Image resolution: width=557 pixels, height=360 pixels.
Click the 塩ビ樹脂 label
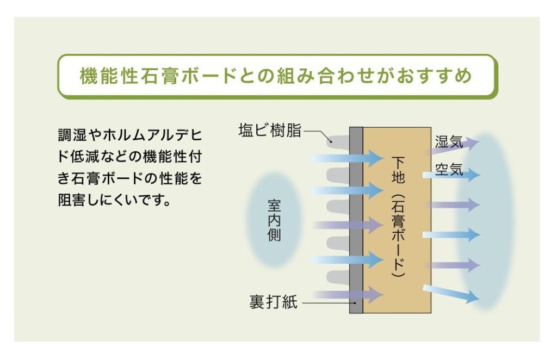click(270, 131)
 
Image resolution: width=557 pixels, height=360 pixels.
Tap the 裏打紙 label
click(273, 302)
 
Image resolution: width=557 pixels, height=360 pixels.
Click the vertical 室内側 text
click(274, 220)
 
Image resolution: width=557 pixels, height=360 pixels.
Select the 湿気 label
click(449, 142)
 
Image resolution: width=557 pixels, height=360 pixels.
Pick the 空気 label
click(449, 170)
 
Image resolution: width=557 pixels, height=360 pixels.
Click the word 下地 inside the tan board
click(398, 170)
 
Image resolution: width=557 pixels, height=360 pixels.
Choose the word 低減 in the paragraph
click(84, 157)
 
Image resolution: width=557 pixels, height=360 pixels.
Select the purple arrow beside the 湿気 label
click(452, 146)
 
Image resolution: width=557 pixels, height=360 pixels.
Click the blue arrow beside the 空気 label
click(451, 175)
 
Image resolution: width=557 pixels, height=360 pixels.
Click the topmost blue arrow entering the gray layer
click(348, 158)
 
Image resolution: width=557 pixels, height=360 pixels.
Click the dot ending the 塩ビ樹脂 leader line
click(331, 141)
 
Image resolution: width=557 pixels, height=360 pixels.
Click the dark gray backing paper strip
click(356, 220)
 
